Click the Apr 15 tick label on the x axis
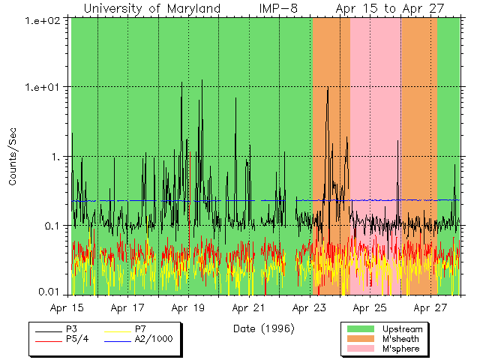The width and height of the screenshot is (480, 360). (x=67, y=308)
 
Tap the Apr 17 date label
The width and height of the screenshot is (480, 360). (x=127, y=308)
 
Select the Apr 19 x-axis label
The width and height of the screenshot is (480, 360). (x=188, y=308)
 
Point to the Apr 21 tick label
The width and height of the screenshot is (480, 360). (x=248, y=308)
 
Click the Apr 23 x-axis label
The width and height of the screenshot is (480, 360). (x=309, y=308)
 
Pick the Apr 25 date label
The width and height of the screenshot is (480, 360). (x=369, y=308)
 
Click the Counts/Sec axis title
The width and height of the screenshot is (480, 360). (x=13, y=157)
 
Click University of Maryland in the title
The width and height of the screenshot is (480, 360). (x=151, y=8)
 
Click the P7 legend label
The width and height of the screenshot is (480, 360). (x=140, y=329)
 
